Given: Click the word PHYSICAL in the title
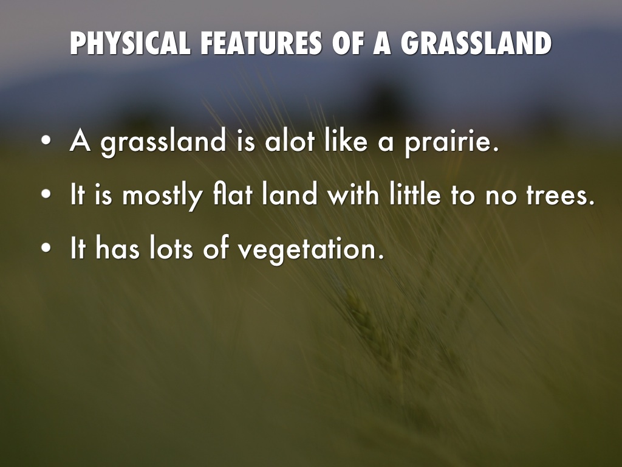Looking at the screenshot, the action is pos(129,43).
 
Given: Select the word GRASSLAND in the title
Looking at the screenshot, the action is pos(476,43).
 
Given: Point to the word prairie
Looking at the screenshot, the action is pos(451,142).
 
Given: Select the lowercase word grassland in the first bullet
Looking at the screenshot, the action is pos(163,142).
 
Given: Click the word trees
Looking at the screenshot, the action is pos(561,195).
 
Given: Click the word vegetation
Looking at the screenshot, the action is pos(310,250).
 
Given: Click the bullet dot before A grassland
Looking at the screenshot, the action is pos(46,140).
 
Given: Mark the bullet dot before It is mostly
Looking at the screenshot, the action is pos(46,194).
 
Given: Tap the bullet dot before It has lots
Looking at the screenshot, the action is pos(46,248).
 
